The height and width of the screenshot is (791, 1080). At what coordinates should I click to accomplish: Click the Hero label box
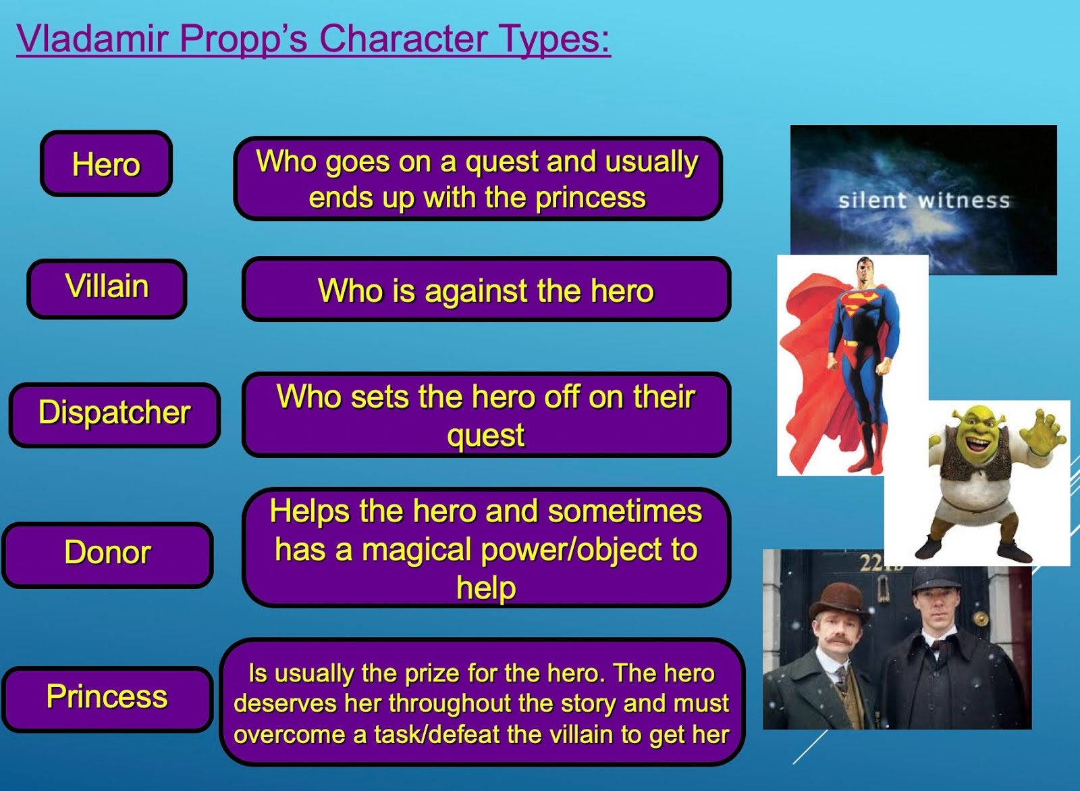[x=106, y=164]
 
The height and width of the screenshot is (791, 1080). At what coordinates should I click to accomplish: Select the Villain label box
[x=107, y=287]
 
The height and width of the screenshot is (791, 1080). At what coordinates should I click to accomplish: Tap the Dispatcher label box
[x=114, y=413]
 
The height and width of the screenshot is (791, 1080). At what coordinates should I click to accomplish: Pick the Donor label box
[x=107, y=553]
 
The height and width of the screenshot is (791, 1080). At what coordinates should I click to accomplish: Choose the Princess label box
[x=107, y=697]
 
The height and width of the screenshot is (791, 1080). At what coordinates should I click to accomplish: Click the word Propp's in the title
[x=243, y=39]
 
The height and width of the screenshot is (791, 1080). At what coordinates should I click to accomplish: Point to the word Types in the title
[x=553, y=39]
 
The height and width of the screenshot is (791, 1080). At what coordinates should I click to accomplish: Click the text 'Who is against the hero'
[x=485, y=291]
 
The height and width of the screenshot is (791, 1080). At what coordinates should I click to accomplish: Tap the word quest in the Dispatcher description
[x=485, y=435]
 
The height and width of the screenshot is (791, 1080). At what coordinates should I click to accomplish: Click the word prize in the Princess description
[x=431, y=673]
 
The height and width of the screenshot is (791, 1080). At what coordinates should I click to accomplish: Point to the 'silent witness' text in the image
[x=923, y=201]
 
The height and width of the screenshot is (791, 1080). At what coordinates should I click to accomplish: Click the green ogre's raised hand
[x=1046, y=433]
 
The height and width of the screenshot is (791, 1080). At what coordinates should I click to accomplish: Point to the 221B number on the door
[x=881, y=562]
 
